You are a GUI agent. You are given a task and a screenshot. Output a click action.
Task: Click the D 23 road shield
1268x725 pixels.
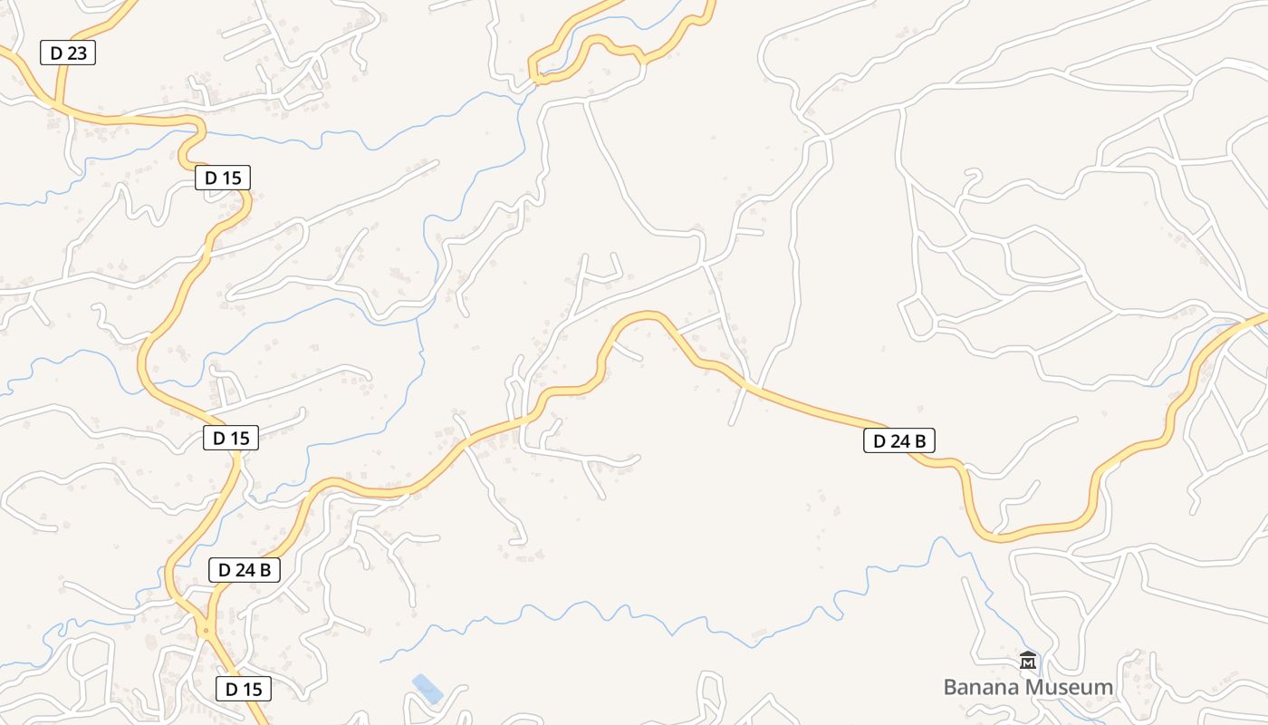pyautogui.click(x=68, y=53)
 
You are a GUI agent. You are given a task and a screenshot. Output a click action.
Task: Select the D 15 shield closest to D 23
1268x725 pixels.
pyautogui.click(x=223, y=178)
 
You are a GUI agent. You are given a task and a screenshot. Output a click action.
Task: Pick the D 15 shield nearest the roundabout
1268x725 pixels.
pyautogui.click(x=244, y=689)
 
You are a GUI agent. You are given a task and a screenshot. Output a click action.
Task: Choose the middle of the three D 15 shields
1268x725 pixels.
pyautogui.click(x=231, y=438)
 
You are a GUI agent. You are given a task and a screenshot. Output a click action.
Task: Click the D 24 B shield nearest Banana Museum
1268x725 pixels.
pyautogui.click(x=898, y=441)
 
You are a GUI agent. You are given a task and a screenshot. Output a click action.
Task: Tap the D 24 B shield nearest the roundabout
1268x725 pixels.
pyautogui.click(x=244, y=570)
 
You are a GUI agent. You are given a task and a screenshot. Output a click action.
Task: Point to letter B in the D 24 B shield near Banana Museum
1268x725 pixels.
pyautogui.click(x=919, y=441)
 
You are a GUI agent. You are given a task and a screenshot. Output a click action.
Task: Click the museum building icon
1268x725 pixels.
pyautogui.click(x=1027, y=661)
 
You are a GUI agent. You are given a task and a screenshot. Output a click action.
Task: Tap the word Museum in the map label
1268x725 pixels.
pyautogui.click(x=1070, y=687)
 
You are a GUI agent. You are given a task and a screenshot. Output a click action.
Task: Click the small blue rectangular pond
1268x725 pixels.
pyautogui.click(x=427, y=689)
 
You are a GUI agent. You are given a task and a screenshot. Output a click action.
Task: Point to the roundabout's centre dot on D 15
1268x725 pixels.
pyautogui.click(x=207, y=630)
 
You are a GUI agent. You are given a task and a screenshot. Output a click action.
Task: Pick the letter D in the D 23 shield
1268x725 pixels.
pyautogui.click(x=56, y=53)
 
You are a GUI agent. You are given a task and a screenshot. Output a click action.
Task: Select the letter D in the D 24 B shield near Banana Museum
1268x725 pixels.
pyautogui.click(x=879, y=441)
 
